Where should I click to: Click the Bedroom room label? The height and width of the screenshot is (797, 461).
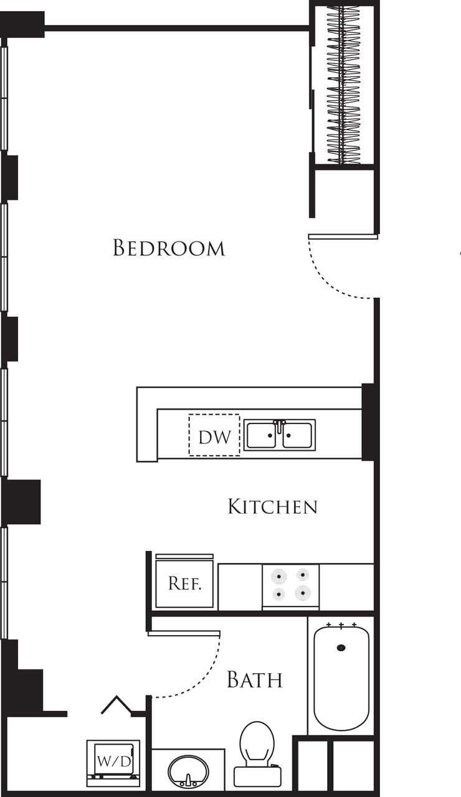[169, 248]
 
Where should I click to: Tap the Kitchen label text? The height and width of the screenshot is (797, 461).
[272, 506]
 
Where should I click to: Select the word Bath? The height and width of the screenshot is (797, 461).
[254, 679]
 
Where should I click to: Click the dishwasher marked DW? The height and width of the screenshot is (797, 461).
[214, 436]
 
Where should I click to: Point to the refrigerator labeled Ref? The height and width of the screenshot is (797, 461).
[184, 584]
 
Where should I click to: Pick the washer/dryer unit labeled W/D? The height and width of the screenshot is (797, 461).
[113, 760]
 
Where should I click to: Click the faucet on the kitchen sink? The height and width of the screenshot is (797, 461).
[280, 426]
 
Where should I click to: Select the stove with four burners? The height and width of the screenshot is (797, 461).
[290, 585]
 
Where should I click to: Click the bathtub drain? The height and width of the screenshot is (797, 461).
[341, 648]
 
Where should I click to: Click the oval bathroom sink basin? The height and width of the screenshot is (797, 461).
[188, 771]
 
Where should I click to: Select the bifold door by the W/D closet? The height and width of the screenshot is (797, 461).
[116, 705]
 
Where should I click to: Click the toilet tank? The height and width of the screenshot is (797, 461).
[257, 776]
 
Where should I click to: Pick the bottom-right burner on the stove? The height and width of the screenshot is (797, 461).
[303, 593]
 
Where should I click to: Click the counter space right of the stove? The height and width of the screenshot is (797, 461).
[346, 587]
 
